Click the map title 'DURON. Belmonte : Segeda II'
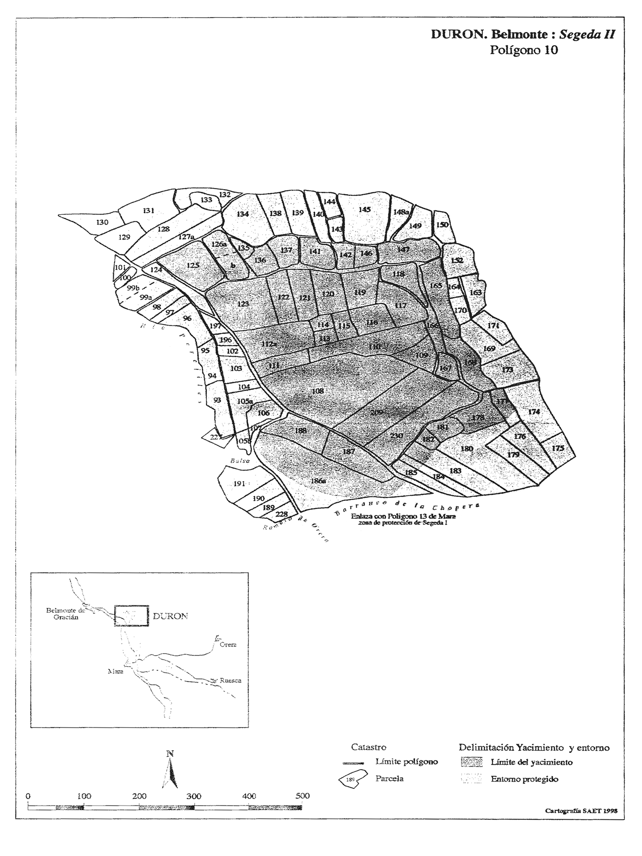[522, 34]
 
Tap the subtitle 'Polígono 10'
[524, 50]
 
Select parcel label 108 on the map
[317, 391]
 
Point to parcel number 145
[364, 209]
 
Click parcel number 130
[102, 222]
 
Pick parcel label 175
[558, 448]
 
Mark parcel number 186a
[318, 481]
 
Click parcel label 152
[457, 260]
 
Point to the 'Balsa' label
[240, 461]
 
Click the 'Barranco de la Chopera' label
[407, 507]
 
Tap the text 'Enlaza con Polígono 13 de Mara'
[403, 516]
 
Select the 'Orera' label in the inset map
[228, 645]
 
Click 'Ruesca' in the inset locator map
[230, 680]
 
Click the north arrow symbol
[170, 772]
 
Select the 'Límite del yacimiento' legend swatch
[472, 762]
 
